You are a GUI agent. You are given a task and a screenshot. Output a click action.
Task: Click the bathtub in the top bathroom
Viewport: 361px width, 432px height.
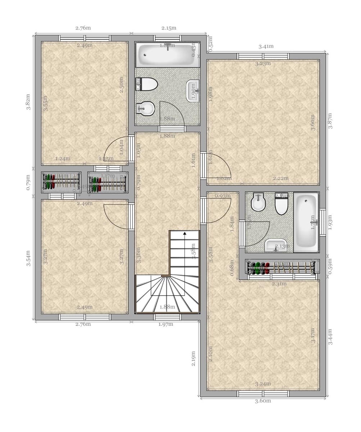pos(167,55)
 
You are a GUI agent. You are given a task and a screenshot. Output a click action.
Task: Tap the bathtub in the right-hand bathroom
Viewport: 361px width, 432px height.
pos(306,222)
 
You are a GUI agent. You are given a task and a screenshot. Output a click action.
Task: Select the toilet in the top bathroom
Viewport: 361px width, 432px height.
pos(147,84)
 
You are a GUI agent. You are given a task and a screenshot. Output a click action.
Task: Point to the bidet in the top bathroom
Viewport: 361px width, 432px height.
pos(146,108)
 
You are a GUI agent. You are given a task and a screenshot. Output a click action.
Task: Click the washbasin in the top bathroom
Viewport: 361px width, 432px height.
pos(193,91)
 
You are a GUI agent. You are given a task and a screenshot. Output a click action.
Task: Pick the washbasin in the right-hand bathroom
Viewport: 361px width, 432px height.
pos(275,246)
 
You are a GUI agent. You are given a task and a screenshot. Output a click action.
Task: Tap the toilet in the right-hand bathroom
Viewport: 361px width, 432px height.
pos(282,204)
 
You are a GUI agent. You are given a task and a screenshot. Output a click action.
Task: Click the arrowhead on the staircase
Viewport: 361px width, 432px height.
pos(185,234)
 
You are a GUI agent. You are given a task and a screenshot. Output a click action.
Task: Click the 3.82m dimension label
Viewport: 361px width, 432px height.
pos(28,102)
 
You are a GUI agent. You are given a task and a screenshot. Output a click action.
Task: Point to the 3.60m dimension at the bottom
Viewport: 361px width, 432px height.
pos(263,401)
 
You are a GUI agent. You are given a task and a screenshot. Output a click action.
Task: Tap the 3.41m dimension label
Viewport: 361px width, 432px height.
pos(266,46)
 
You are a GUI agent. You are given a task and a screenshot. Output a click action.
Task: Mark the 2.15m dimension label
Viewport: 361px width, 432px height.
pos(169,28)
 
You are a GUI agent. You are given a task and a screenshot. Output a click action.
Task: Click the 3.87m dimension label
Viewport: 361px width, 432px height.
pos(330,121)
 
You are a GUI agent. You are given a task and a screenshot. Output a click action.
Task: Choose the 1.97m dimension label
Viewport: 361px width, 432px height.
pos(166,324)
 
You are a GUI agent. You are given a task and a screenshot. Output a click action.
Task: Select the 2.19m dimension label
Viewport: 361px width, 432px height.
pos(193,359)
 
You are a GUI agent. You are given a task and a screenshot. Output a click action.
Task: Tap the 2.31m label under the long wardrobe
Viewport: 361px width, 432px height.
pos(279,284)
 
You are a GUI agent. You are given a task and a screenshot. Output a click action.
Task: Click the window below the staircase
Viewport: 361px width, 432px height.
pos(167,317)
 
